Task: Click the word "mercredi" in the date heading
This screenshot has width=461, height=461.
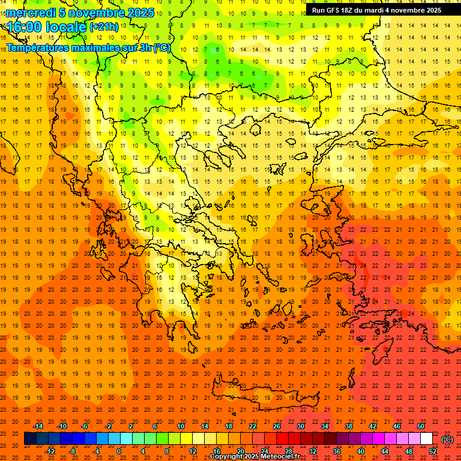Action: pyautogui.click(x=31, y=13)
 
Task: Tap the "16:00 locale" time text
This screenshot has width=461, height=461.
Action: pyautogui.click(x=47, y=27)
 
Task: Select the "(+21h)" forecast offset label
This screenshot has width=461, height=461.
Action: pyautogui.click(x=104, y=27)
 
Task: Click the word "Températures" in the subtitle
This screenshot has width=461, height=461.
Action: pyautogui.click(x=38, y=47)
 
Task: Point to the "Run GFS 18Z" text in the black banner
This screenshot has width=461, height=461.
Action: pyautogui.click(x=336, y=10)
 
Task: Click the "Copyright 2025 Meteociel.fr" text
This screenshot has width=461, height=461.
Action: pyautogui.click(x=255, y=457)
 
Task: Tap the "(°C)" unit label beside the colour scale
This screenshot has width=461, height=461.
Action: pyautogui.click(x=447, y=439)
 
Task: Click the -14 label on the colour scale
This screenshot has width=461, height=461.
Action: pyautogui.click(x=38, y=426)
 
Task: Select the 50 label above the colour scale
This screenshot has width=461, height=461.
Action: pyautogui.click(x=420, y=426)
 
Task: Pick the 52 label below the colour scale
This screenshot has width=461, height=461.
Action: pyautogui.click(x=433, y=451)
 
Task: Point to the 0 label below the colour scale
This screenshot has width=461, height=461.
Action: pyautogui.click(x=118, y=451)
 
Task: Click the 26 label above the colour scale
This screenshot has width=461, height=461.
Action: pyautogui.click(x=277, y=426)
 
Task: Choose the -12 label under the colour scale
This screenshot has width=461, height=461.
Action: pyautogui.click(x=50, y=451)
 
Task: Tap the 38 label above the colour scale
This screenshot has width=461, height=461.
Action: pyautogui.click(x=349, y=426)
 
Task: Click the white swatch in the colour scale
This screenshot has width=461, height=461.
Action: pyautogui.click(x=426, y=439)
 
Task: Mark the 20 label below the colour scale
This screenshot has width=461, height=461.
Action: pyautogui.click(x=241, y=451)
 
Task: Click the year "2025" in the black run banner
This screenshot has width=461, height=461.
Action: pyautogui.click(x=431, y=10)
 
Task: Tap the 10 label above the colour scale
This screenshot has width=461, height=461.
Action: pyautogui.click(x=180, y=426)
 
